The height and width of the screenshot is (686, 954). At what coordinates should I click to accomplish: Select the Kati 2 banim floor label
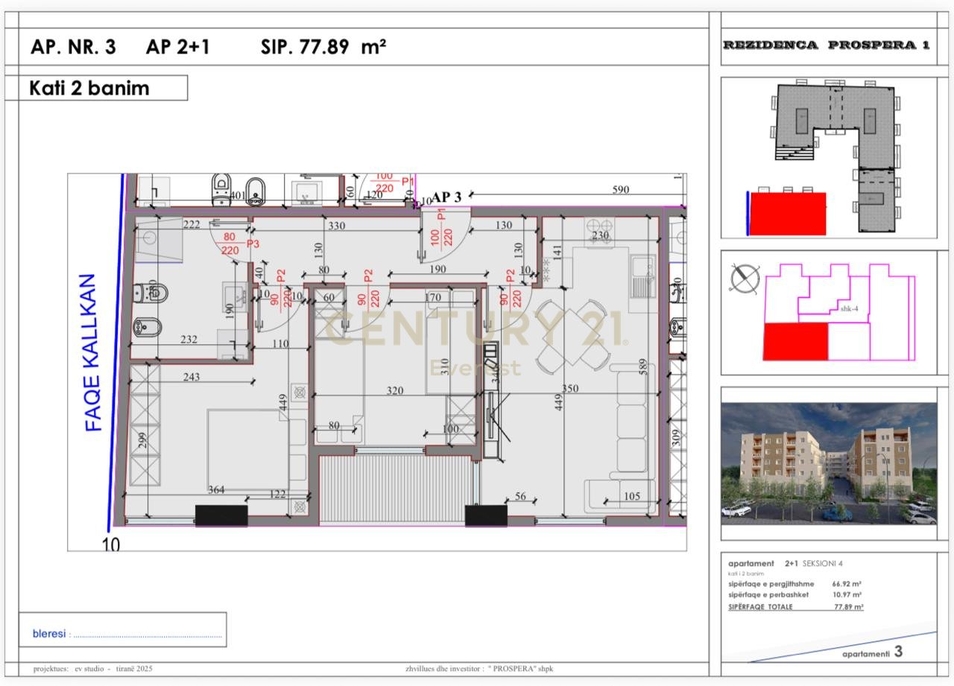click(x=89, y=88)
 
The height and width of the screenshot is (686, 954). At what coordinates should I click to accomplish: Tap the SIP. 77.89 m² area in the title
click(x=323, y=47)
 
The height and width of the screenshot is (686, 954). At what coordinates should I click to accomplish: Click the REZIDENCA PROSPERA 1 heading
click(x=827, y=45)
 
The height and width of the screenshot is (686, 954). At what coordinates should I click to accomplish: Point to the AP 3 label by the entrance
click(x=446, y=197)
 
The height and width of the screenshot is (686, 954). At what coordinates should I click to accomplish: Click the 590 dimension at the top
click(x=621, y=190)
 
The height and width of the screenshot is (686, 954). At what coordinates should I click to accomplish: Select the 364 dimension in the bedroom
click(x=216, y=489)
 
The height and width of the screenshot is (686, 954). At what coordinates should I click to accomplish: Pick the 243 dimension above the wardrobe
click(x=192, y=377)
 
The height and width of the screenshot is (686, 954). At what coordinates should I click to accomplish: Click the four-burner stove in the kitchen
click(x=598, y=226)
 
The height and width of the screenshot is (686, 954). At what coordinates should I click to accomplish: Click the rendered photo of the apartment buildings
click(x=828, y=463)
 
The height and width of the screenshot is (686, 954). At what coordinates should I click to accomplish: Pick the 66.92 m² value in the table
click(x=847, y=584)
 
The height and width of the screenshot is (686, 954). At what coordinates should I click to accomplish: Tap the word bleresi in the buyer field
click(x=49, y=634)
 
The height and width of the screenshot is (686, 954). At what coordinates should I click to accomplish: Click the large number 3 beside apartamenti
click(x=898, y=652)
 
